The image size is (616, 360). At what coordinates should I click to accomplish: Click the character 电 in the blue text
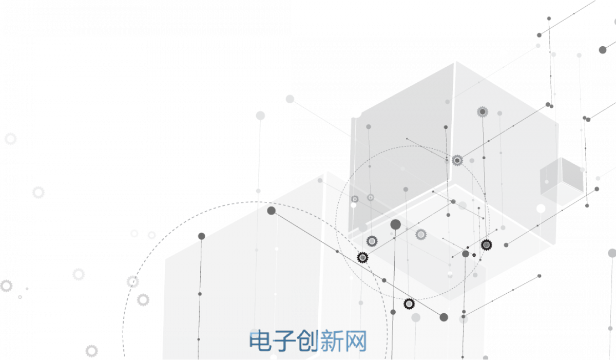pyautogui.click(x=260, y=341)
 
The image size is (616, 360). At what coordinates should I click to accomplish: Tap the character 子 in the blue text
pyautogui.click(x=284, y=341)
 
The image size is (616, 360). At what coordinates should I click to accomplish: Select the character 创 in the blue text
pyautogui.click(x=308, y=341)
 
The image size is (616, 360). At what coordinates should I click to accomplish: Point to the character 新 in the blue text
pyautogui.click(x=332, y=341)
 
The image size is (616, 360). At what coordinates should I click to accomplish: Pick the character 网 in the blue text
pyautogui.click(x=356, y=341)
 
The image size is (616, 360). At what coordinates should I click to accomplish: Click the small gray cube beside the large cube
pyautogui.click(x=562, y=180)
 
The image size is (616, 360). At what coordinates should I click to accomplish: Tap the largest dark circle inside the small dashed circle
pyautogui.click(x=395, y=224)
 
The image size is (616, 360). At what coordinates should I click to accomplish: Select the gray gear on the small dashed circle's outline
pyautogui.click(x=457, y=160)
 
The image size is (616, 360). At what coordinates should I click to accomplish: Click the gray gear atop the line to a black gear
pyautogui.click(x=483, y=112)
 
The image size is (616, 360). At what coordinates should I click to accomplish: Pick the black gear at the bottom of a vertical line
pyautogui.click(x=486, y=245)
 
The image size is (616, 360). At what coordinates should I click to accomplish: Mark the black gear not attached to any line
pyautogui.click(x=409, y=304)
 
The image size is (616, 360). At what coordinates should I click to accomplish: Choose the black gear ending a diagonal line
pyautogui.click(x=362, y=258)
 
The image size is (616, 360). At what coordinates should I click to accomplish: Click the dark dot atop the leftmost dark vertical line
pyautogui.click(x=202, y=236)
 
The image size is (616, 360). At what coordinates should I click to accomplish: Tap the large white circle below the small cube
pyautogui.click(x=541, y=209)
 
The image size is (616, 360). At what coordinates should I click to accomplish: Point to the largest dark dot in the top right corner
pyautogui.click(x=603, y=50)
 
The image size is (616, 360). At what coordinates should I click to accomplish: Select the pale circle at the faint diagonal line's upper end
pyautogui.click(x=290, y=99)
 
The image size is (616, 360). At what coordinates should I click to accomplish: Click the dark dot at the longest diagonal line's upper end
pyautogui.click(x=271, y=211)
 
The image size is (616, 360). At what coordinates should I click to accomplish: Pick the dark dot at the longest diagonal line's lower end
pyautogui.click(x=444, y=317)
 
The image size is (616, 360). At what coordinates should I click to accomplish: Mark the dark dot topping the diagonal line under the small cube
pyautogui.click(x=596, y=189)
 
